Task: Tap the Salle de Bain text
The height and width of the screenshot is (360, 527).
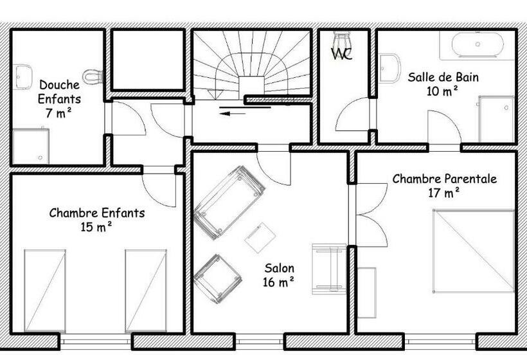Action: (443, 77)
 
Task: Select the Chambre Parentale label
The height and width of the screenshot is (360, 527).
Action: (445, 179)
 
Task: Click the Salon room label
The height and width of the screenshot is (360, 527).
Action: (279, 268)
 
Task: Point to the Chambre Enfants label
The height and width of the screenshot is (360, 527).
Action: (97, 213)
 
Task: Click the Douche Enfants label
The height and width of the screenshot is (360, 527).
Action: (59, 92)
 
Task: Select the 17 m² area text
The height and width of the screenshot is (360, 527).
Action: (445, 192)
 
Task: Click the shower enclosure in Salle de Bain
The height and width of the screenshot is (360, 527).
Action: (496, 118)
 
